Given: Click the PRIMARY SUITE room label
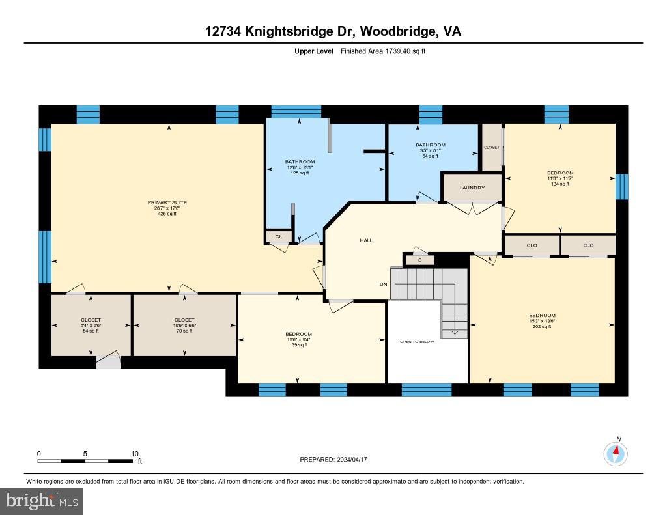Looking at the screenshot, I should (x=167, y=202).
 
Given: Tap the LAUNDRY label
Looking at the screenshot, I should (x=472, y=188).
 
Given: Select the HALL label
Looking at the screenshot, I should (x=366, y=240).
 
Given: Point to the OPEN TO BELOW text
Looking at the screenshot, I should (x=417, y=342).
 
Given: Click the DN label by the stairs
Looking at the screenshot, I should (x=384, y=285).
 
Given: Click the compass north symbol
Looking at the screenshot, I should (x=616, y=452).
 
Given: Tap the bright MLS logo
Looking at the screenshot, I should (x=42, y=501).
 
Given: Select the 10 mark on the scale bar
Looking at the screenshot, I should (x=135, y=454).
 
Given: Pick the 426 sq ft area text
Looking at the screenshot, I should (x=167, y=214).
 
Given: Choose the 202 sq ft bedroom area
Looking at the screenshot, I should (x=542, y=327).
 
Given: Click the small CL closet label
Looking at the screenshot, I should (x=278, y=237).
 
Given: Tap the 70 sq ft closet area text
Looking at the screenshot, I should (x=184, y=331).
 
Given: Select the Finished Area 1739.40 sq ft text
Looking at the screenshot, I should (x=383, y=51).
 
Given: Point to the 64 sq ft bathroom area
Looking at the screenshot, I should (x=430, y=156).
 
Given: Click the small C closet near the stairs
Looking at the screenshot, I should (x=420, y=260).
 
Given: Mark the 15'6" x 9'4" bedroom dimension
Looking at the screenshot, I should (x=297, y=339).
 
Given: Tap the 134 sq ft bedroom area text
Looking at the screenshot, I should (x=560, y=184).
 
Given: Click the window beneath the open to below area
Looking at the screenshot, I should (x=427, y=390).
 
